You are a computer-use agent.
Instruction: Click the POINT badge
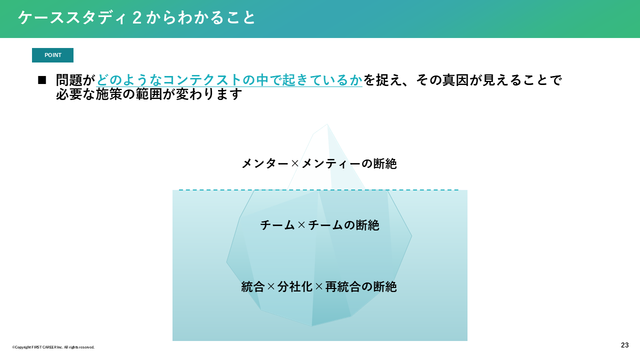[x=52, y=55]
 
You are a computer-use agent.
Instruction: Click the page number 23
[x=624, y=345]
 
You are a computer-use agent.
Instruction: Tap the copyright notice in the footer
[x=53, y=347]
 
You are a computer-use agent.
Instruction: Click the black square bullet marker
[x=42, y=80]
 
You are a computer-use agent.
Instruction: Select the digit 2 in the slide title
[x=137, y=17]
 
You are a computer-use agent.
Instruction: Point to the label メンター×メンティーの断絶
[x=319, y=163]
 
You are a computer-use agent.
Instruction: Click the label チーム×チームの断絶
[x=319, y=225]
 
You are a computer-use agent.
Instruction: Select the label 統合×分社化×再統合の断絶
[x=319, y=286]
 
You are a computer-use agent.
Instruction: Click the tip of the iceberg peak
[x=327, y=124]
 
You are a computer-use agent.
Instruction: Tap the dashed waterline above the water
[x=319, y=190]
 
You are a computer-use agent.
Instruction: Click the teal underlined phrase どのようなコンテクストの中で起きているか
[x=229, y=80]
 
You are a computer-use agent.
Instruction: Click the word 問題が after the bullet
[x=75, y=80]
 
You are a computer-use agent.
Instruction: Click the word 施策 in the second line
[x=109, y=94]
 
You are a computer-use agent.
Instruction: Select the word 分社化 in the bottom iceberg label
[x=295, y=286]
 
